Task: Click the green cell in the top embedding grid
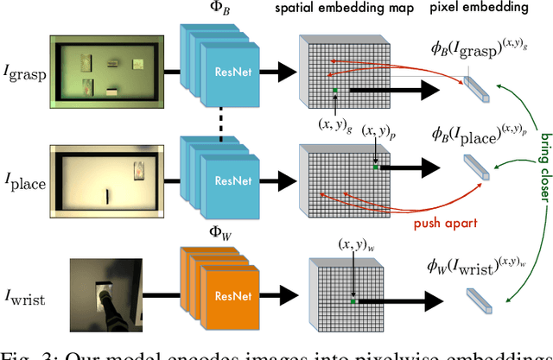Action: (335, 89)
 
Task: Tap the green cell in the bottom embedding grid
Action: (353, 301)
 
